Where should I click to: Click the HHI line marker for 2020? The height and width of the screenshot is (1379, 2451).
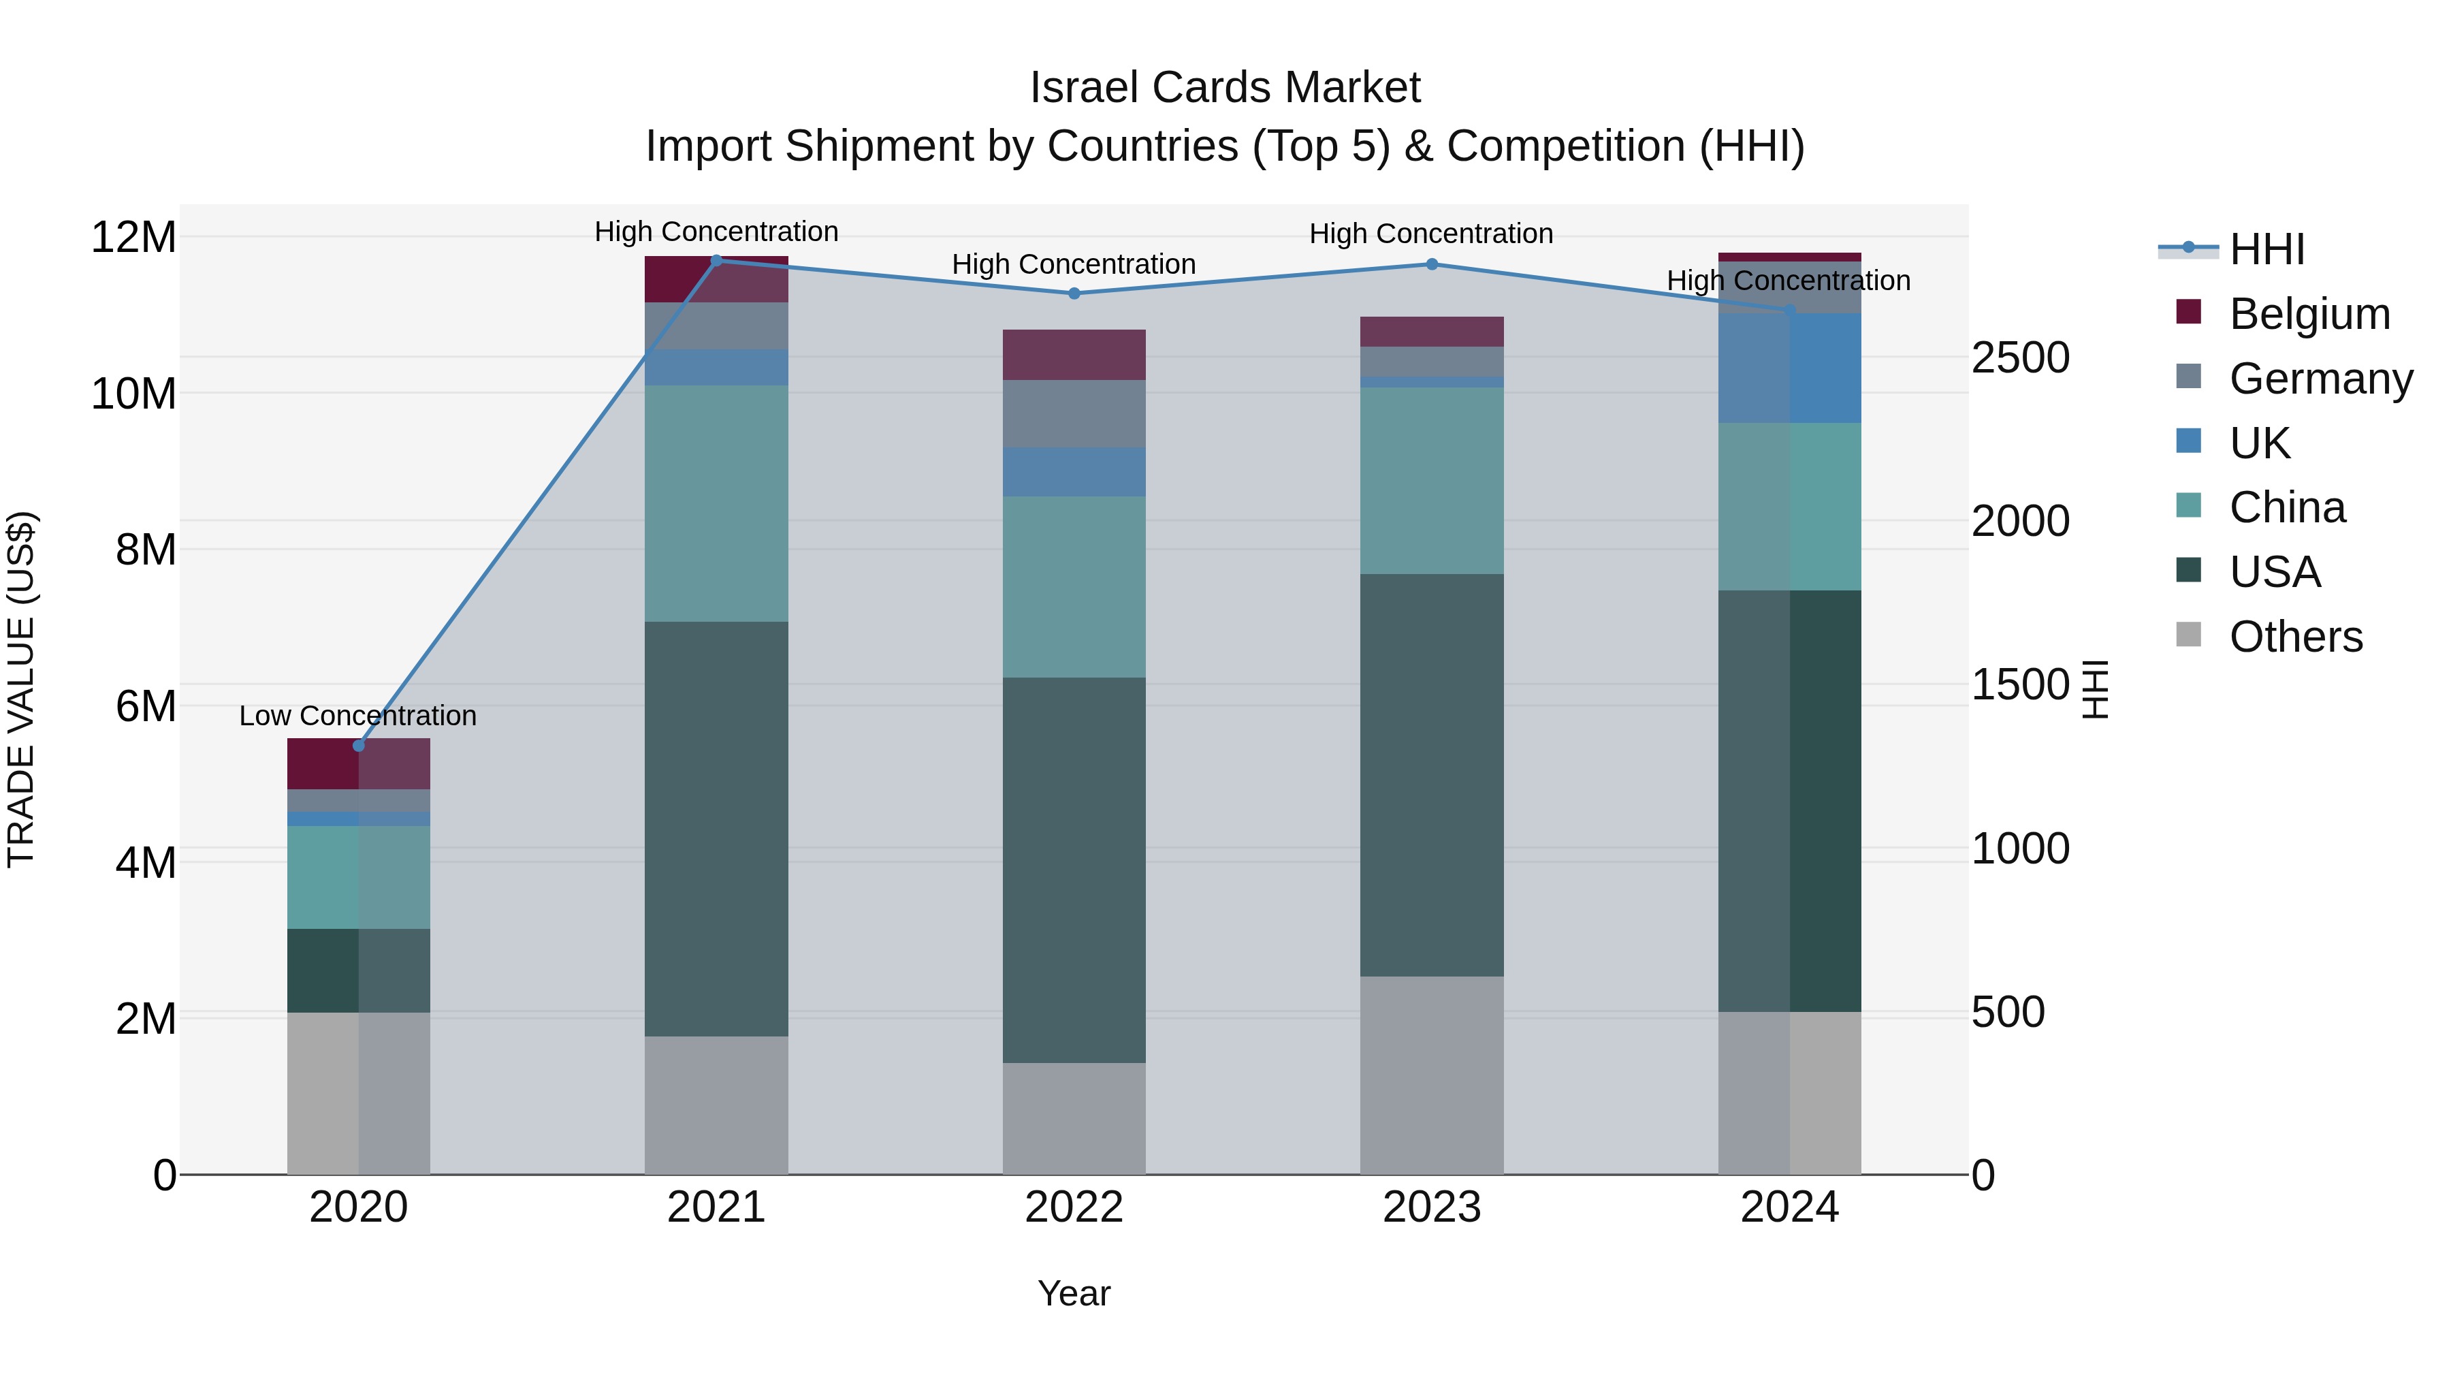point(359,745)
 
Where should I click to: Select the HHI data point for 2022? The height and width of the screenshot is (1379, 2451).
point(1074,293)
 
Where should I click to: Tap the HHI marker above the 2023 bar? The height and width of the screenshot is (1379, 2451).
point(1432,265)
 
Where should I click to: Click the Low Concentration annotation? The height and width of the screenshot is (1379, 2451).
point(357,716)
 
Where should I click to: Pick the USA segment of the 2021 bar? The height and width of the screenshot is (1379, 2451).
point(716,828)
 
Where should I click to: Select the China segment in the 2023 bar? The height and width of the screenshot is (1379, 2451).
point(1432,481)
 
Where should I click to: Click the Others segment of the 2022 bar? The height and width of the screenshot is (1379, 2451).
point(1074,1118)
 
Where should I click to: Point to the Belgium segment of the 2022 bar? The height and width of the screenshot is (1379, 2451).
point(1074,355)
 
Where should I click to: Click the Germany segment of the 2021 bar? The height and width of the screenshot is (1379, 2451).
point(716,326)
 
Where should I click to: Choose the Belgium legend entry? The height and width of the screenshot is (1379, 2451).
point(2309,314)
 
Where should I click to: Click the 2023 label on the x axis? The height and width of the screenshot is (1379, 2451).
point(1432,1207)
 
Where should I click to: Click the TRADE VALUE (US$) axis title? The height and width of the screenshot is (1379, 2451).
point(21,689)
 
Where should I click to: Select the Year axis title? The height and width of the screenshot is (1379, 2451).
point(1074,1293)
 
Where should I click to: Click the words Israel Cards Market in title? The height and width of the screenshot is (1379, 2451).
point(1225,88)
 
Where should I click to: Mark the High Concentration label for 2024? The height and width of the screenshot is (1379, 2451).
point(1789,281)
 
